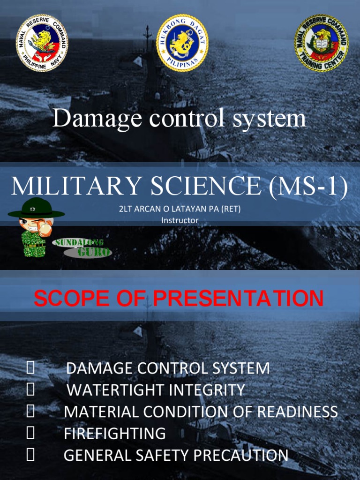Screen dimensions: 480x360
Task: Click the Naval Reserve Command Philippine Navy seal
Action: [42, 43]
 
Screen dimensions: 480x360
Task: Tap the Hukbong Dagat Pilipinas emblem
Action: [182, 43]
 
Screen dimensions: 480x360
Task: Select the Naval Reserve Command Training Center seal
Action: [321, 43]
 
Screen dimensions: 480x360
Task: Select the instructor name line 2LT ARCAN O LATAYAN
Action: [180, 209]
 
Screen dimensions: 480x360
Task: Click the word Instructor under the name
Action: [180, 220]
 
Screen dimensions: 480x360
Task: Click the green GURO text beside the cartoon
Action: [94, 252]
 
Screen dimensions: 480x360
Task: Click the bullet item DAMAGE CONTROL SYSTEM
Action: [168, 368]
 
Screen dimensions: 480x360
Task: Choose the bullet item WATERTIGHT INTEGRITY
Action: [156, 390]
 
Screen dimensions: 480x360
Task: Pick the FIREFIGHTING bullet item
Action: [115, 434]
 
